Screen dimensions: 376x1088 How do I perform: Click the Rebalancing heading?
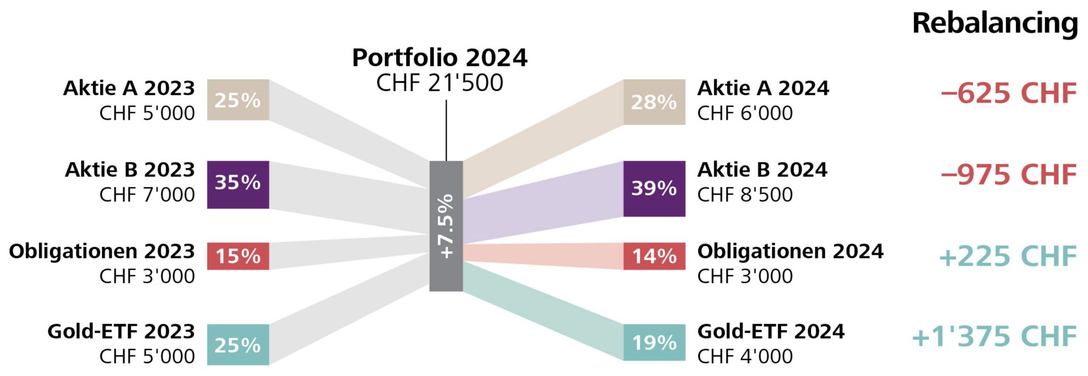point(994,24)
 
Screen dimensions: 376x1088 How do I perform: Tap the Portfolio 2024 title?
point(440,58)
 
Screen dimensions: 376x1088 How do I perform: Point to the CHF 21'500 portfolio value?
point(440,83)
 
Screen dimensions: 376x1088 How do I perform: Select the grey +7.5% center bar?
point(446,226)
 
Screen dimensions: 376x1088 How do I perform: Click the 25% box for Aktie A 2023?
point(237,100)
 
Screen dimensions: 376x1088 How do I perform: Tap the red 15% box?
point(237,256)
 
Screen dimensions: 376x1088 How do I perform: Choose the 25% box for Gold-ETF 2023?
point(237,344)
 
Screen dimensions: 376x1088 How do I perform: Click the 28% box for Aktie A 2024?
point(654,102)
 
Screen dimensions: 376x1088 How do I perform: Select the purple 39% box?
point(654,188)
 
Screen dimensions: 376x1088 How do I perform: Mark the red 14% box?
point(654,256)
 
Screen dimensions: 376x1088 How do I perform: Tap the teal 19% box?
point(654,343)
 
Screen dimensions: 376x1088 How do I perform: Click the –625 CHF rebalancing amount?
point(1009,93)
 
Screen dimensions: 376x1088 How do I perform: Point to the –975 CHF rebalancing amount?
point(1009,174)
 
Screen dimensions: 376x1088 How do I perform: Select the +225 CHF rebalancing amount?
point(1008,256)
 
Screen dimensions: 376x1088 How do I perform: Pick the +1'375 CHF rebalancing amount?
point(994,336)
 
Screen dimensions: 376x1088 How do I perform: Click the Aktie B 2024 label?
point(762,169)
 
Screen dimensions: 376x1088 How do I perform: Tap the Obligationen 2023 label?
point(102,251)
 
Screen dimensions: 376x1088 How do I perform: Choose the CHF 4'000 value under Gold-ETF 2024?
point(745,356)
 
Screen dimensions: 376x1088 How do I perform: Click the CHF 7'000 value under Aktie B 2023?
point(147,195)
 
